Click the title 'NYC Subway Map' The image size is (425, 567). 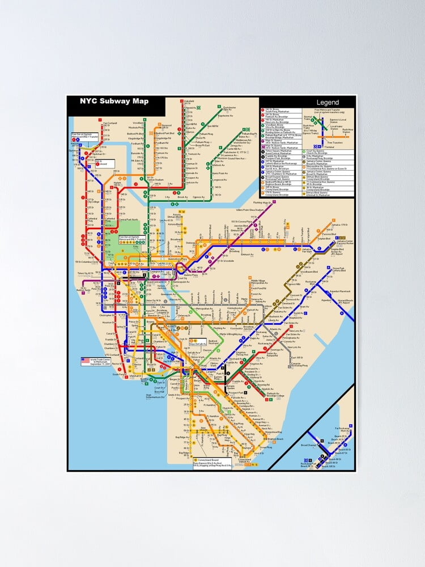coord(114,101)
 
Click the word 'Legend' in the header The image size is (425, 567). coord(328,103)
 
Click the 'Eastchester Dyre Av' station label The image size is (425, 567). coord(229,108)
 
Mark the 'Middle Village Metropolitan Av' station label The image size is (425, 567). coord(258,282)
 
